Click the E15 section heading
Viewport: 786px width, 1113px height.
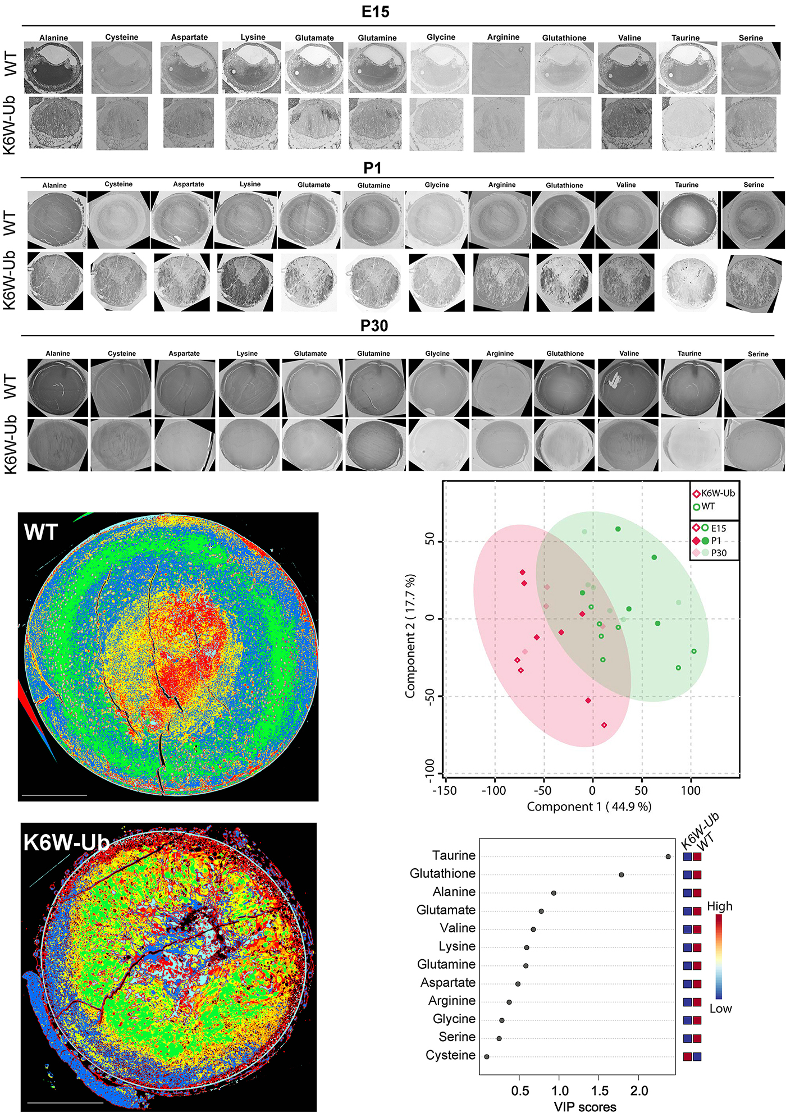pos(375,12)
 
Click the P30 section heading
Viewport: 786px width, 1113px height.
pos(374,326)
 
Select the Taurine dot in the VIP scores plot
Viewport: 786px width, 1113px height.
pos(668,856)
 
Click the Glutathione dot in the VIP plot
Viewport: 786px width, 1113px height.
pos(621,874)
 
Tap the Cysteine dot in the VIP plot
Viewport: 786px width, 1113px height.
pos(487,1056)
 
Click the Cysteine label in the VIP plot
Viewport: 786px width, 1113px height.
pos(450,1055)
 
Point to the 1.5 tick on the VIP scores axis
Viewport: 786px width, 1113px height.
pos(600,1091)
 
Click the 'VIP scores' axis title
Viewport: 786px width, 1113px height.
pos(585,1106)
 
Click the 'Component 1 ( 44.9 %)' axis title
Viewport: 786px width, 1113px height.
pos(589,807)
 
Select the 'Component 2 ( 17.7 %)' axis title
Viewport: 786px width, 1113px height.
pos(410,636)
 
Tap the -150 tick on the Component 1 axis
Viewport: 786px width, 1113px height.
pos(444,790)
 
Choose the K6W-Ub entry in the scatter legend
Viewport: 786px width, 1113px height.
pos(714,493)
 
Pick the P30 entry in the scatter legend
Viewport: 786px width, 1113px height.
pos(714,553)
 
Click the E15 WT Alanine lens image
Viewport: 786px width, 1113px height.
pos(53,67)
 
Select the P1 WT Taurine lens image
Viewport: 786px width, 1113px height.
pos(688,220)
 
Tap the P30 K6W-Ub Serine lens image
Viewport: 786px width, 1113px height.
pos(754,445)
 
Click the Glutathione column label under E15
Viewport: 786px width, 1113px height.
pos(564,38)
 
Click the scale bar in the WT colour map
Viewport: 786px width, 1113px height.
pos(54,795)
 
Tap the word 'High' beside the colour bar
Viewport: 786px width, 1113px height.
pos(719,906)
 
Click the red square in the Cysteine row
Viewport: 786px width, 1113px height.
pos(687,1056)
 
